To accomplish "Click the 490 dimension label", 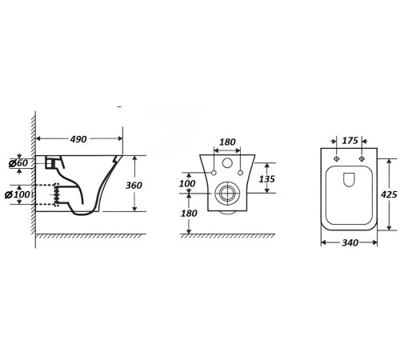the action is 78,139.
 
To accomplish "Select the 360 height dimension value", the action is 134,185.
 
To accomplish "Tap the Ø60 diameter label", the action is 18,163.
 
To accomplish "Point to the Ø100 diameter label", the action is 18,194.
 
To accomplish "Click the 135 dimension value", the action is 266,179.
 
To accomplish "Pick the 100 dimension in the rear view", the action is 187,183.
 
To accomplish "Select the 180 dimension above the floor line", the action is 189,214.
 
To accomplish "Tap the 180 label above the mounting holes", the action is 227,142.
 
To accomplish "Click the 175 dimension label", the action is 350,141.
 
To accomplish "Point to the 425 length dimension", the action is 389,194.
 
